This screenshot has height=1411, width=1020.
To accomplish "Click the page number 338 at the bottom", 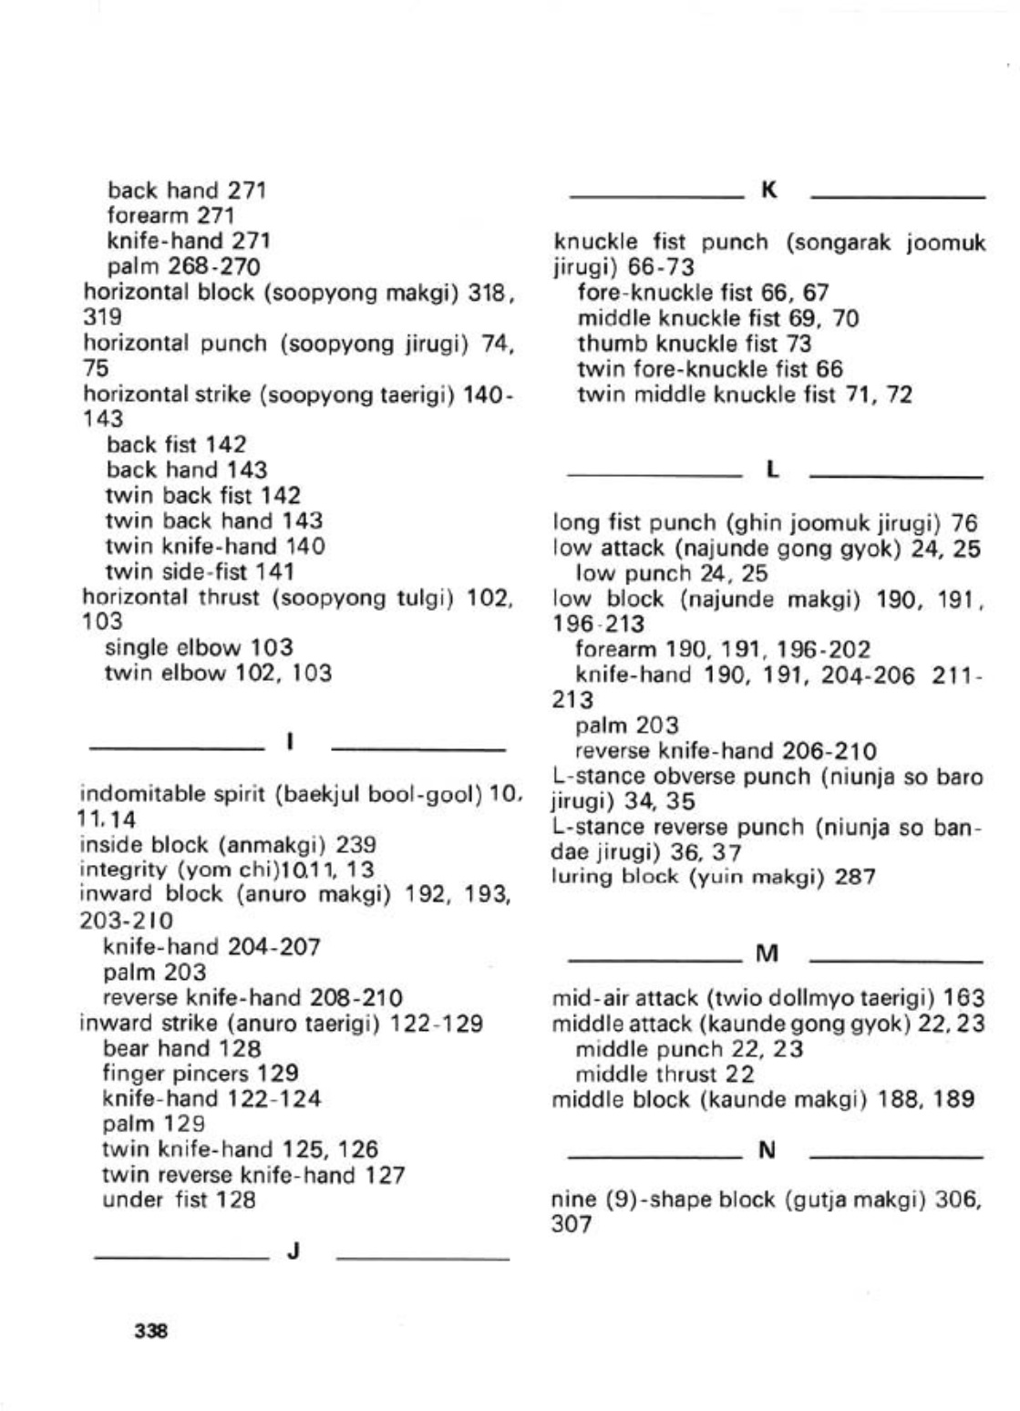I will [x=150, y=1331].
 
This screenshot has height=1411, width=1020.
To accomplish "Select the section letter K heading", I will [x=768, y=191].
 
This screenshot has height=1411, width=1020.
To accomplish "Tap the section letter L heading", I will [x=772, y=470].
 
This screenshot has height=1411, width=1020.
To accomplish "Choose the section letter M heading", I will [x=768, y=954].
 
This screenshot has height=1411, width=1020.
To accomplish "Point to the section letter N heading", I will [x=768, y=1150].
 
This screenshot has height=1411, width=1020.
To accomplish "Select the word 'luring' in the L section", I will [x=580, y=877].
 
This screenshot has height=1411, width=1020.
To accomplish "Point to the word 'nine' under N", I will [x=574, y=1200].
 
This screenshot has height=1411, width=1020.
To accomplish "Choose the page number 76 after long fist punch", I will [x=964, y=523].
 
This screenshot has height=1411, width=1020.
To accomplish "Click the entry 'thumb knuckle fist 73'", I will [x=694, y=344].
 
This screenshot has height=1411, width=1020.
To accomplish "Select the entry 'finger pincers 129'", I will [x=201, y=1074].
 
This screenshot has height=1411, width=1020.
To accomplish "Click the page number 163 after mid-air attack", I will [x=963, y=998].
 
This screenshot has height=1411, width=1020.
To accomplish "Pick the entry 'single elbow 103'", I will [x=200, y=648].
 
